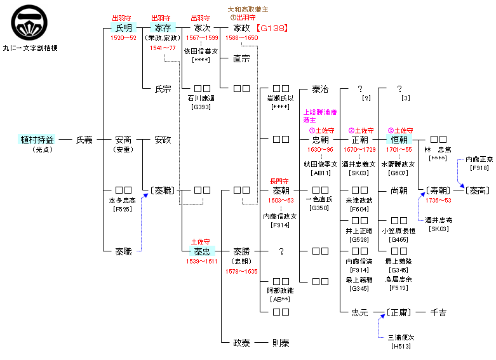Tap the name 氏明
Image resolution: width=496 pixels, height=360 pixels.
click(123, 29)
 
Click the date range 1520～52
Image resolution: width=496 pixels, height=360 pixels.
click(123, 38)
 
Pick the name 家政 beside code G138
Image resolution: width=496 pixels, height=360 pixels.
click(241, 29)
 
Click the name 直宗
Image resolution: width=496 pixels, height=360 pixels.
click(241, 58)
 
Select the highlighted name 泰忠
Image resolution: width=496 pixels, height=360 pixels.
click(202, 251)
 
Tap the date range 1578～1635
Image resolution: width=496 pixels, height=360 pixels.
click(241, 271)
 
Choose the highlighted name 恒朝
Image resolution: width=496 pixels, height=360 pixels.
click(399, 140)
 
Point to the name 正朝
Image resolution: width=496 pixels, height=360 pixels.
click(359, 140)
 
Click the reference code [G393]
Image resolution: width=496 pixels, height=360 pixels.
click(202, 107)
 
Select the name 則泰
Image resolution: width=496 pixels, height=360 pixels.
click(281, 343)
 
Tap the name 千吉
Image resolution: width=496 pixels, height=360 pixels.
click(438, 312)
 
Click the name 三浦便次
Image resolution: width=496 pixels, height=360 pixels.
click(401, 338)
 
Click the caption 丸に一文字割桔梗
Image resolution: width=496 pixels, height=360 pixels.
click(30, 48)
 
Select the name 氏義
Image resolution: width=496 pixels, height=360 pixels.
click(84, 140)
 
